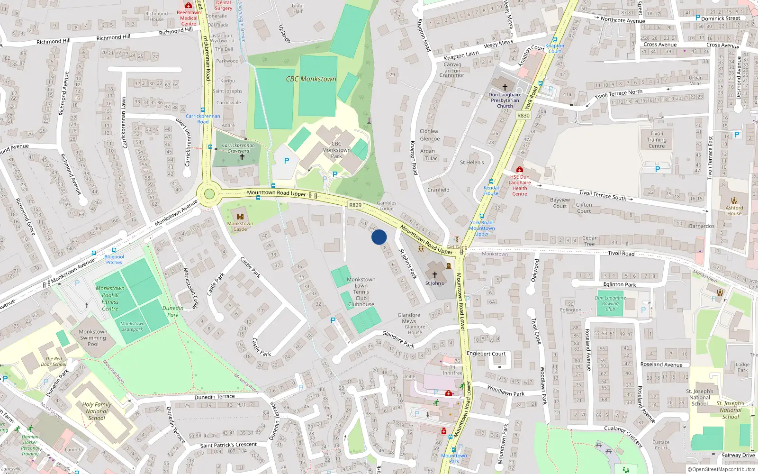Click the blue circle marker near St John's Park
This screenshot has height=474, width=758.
tap(379, 237)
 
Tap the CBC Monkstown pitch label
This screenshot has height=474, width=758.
tap(311, 79)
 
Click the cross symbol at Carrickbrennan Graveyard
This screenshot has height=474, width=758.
tap(242, 157)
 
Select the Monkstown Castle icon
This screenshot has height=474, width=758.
tap(240, 217)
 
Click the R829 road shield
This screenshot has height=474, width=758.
tap(355, 205)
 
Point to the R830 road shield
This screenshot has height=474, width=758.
tap(523, 116)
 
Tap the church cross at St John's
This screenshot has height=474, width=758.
tap(434, 274)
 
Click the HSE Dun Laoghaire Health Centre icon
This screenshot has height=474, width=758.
tap(520, 169)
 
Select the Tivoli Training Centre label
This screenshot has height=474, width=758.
tap(657, 140)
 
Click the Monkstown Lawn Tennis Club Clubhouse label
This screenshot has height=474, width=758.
tap(361, 292)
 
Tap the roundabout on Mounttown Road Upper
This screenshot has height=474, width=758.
tap(209, 194)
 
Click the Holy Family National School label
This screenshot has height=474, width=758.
tap(97, 411)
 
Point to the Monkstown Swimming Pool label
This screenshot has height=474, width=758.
tap(93, 338)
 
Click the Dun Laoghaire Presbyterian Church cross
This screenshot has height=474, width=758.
tap(505, 87)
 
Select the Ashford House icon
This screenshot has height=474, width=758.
tap(734, 201)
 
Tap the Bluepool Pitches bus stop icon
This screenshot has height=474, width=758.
tap(114, 250)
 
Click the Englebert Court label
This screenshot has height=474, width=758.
tap(486, 354)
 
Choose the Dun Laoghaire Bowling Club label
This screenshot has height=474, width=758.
tap(610, 303)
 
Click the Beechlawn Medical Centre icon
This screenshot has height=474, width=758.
tap(189, 5)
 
